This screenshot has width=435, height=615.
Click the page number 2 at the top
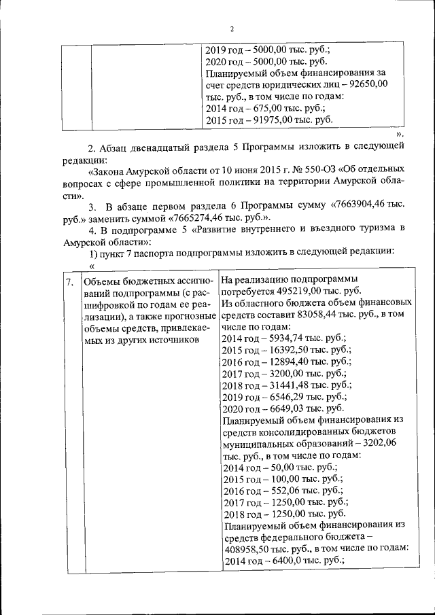[x=232, y=29]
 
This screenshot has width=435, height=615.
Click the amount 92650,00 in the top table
[x=367, y=84]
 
